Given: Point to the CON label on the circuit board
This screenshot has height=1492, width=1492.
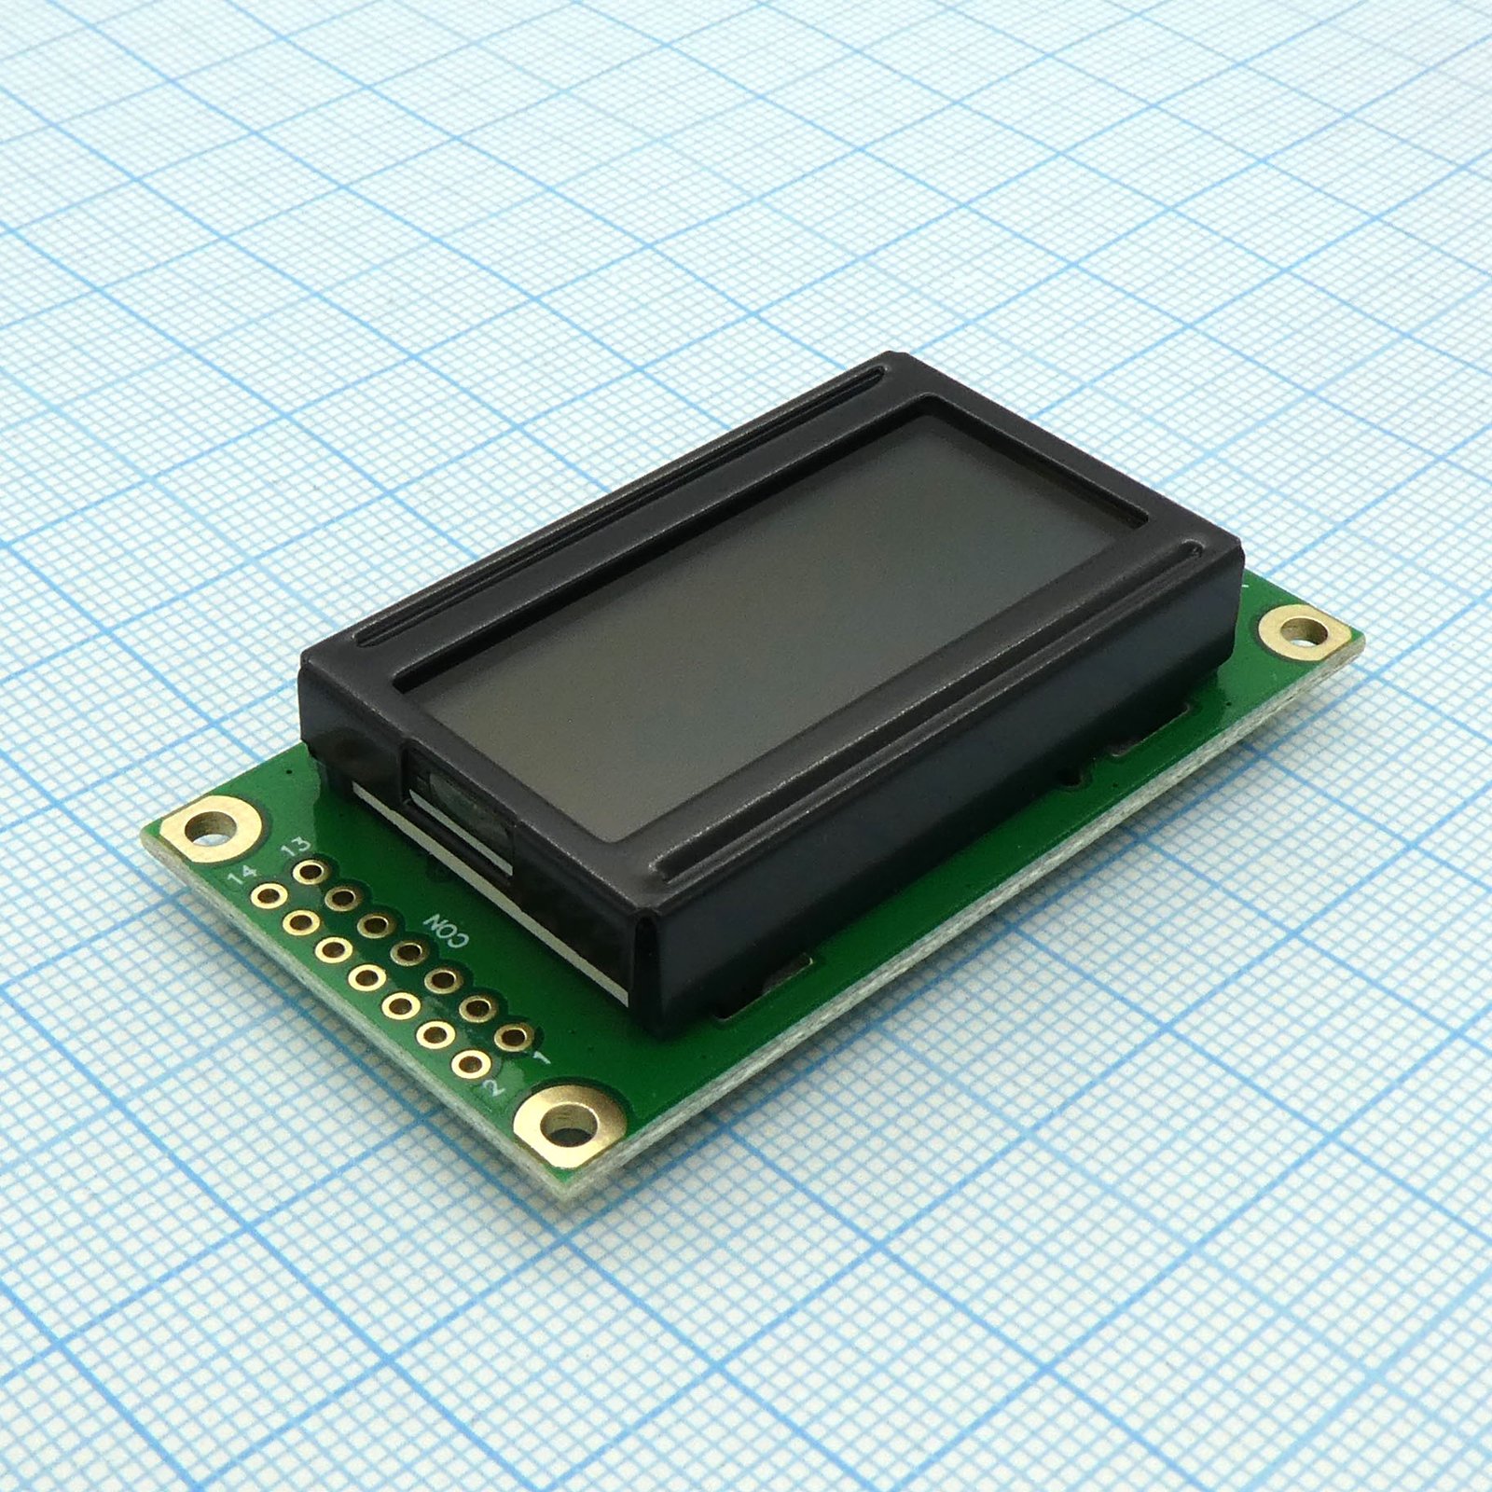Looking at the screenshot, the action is (x=449, y=929).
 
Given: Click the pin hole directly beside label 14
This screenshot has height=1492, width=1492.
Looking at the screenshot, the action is (x=268, y=896).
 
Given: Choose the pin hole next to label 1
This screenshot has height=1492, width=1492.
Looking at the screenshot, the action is (x=514, y=1037).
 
